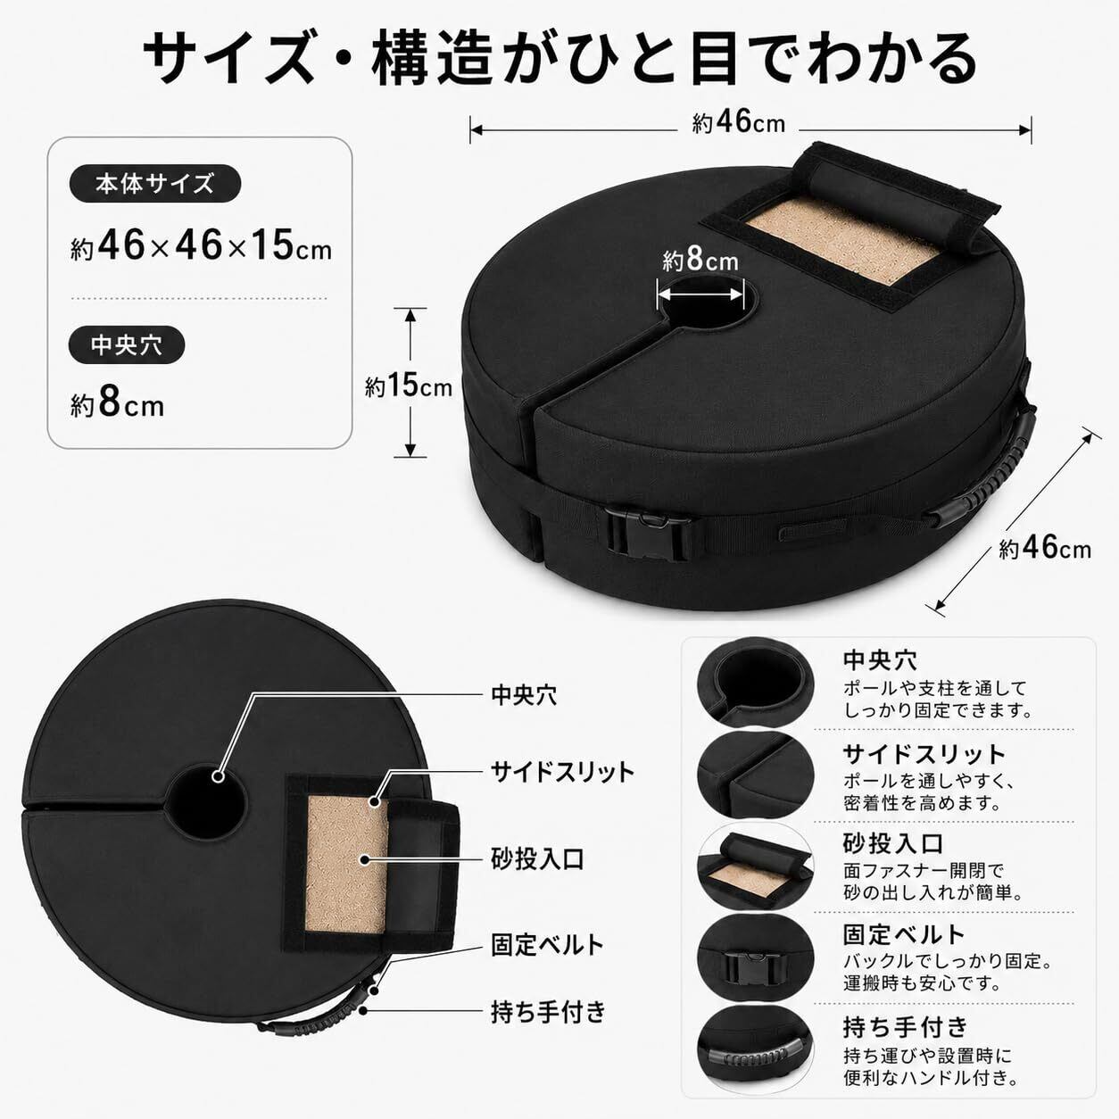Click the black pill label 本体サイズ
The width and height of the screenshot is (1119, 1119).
[x=155, y=184]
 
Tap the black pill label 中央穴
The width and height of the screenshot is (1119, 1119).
[x=127, y=345]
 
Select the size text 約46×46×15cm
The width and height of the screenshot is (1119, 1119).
[x=201, y=246]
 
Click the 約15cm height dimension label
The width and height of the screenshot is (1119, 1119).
[x=409, y=385]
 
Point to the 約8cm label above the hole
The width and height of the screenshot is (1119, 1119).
[x=700, y=260]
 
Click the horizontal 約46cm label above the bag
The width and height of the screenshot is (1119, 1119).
[x=739, y=123]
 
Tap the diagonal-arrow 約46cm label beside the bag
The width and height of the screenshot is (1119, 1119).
[x=1045, y=548]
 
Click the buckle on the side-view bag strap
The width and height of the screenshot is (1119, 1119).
[x=649, y=531]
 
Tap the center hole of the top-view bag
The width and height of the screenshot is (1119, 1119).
[x=205, y=802]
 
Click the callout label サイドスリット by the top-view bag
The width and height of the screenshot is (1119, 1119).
[x=563, y=772]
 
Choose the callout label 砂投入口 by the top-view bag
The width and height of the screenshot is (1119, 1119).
[x=538, y=858]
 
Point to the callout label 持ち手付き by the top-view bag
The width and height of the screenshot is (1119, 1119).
[x=549, y=1011]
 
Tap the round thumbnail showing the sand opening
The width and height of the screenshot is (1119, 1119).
[x=755, y=867]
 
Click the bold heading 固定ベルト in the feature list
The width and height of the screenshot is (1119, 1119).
[x=904, y=934]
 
